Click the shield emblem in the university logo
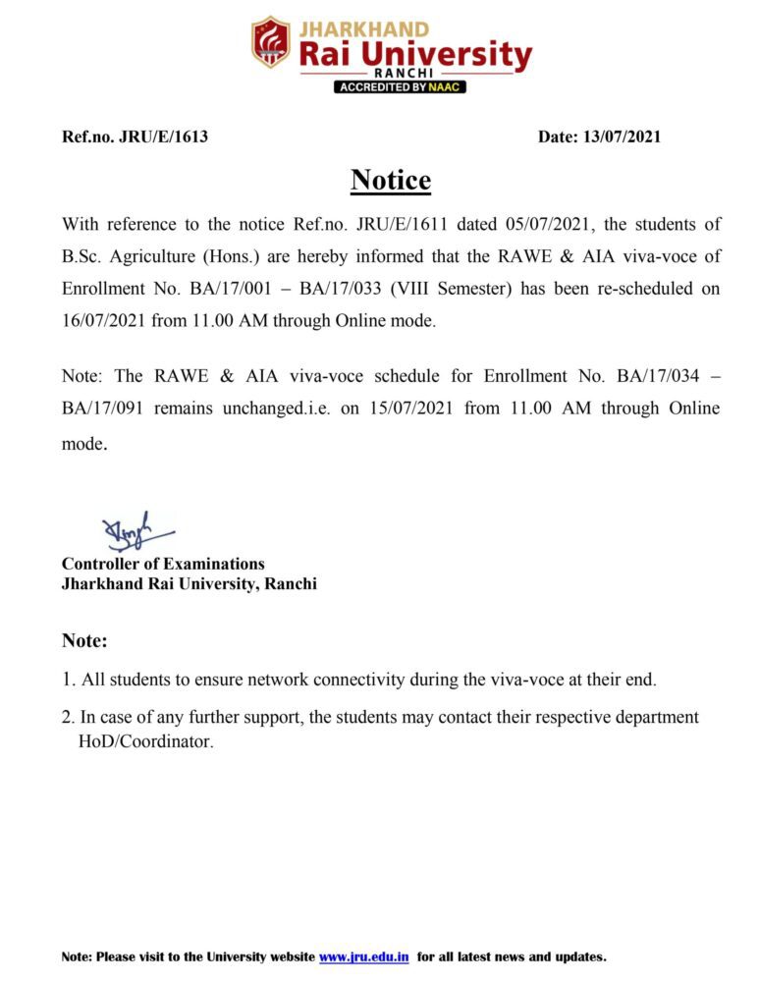(270, 42)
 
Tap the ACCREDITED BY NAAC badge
(400, 86)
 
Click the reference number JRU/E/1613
(163, 136)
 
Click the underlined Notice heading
(391, 181)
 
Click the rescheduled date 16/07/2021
(103, 320)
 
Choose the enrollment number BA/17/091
(102, 408)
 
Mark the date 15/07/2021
(410, 408)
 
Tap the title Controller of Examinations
(163, 564)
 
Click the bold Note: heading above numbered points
(84, 640)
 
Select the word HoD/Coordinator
(145, 741)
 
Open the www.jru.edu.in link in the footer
(363, 956)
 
